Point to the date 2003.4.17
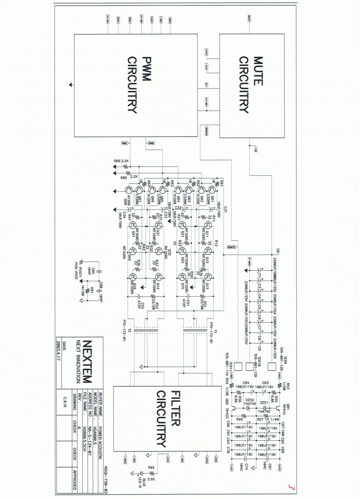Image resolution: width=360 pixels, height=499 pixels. coord(58,351)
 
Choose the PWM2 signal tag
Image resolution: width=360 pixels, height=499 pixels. coord(150,143)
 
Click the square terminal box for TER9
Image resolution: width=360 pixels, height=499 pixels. coord(272,367)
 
